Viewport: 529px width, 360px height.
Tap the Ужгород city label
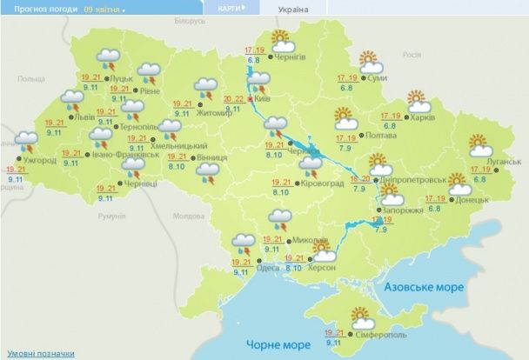37,160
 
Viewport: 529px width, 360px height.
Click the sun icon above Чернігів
281,38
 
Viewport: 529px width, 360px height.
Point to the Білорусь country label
188,19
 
